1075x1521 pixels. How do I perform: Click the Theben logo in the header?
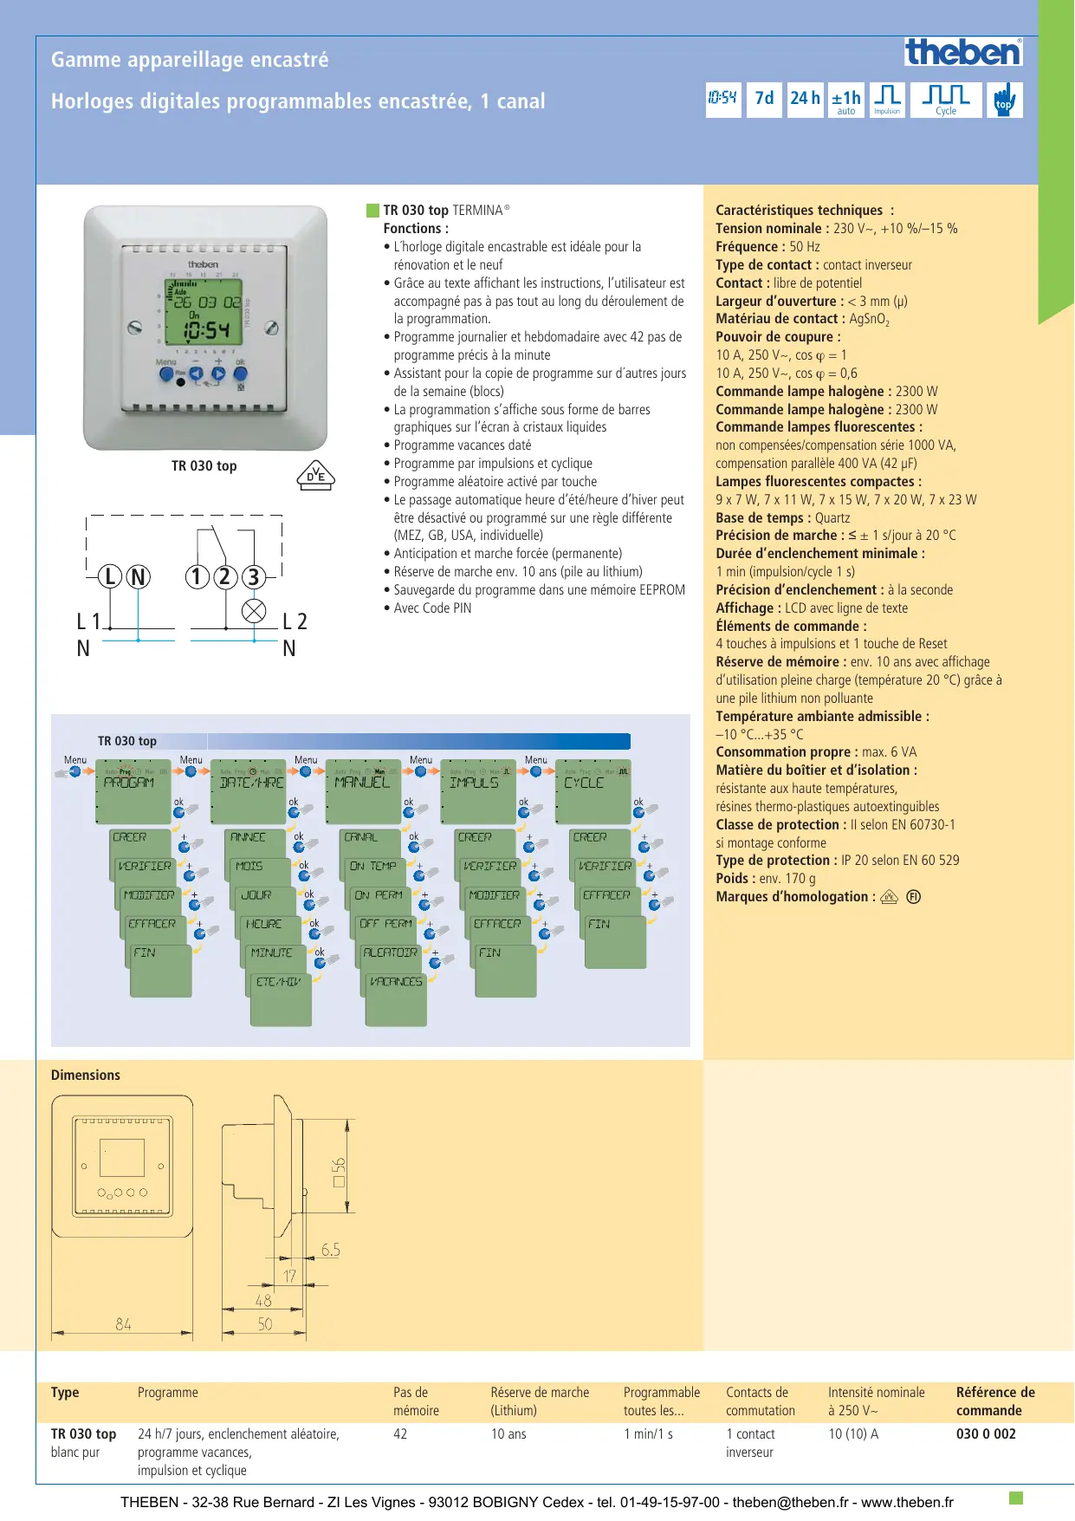pyautogui.click(x=963, y=53)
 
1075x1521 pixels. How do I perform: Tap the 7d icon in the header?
pyautogui.click(x=764, y=99)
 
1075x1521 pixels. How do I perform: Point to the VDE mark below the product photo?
pyautogui.click(x=315, y=476)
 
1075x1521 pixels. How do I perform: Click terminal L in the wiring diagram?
pyautogui.click(x=110, y=576)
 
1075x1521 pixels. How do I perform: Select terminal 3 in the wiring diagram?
pyautogui.click(x=253, y=576)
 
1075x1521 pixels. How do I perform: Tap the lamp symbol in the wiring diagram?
pyautogui.click(x=254, y=611)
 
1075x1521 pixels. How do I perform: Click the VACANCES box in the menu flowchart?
pyautogui.click(x=396, y=997)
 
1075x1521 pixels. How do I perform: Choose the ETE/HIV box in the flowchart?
pyautogui.click(x=279, y=997)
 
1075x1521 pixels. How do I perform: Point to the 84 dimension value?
pyautogui.click(x=123, y=1324)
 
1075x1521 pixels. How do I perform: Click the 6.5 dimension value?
pyautogui.click(x=330, y=1250)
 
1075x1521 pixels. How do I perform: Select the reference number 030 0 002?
pyautogui.click(x=986, y=1434)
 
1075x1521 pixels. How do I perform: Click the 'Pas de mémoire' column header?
pyautogui.click(x=416, y=1401)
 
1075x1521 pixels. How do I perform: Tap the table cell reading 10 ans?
pyautogui.click(x=508, y=1434)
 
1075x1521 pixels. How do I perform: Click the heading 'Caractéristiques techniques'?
pyautogui.click(x=799, y=211)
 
